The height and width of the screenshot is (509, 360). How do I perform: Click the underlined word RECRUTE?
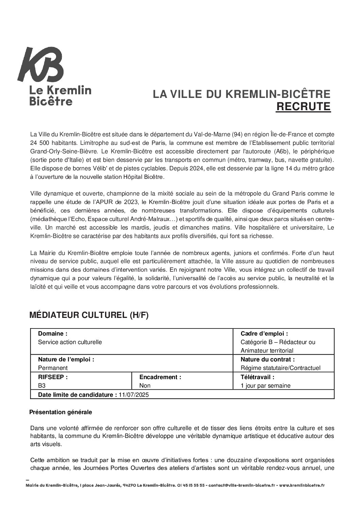[303, 106]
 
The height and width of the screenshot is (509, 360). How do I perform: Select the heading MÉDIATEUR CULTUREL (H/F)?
[89, 315]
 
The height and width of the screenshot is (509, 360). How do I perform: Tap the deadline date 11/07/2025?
[134, 394]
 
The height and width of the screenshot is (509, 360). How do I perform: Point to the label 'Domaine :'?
[53, 334]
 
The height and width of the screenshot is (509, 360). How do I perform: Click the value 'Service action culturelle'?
[70, 342]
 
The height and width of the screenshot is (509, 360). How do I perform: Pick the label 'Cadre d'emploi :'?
[264, 334]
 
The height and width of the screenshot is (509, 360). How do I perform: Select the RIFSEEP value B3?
[42, 386]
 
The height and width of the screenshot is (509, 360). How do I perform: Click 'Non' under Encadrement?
[145, 386]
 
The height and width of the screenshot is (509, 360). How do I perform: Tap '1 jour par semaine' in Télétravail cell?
[265, 386]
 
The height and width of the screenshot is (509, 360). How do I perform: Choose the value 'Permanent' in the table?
[53, 368]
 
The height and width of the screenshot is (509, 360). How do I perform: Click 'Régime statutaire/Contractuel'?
[280, 368]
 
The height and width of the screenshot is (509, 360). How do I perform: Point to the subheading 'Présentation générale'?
[61, 412]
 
